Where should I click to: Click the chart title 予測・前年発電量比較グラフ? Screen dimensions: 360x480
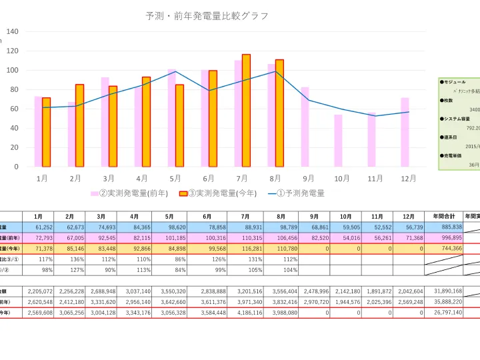(x=207, y=16)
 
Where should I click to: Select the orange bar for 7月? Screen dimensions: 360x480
(x=246, y=111)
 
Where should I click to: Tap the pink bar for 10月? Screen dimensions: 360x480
(x=339, y=141)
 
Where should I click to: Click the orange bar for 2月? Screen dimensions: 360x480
(x=79, y=125)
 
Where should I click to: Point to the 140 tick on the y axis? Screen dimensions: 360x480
(x=13, y=31)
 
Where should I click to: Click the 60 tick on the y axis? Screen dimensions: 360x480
(x=15, y=109)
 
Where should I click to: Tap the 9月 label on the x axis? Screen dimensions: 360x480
(x=308, y=179)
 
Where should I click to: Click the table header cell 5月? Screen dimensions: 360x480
(x=170, y=216)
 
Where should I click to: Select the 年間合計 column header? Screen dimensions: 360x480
(x=443, y=216)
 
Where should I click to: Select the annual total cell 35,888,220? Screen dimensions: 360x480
(x=443, y=301)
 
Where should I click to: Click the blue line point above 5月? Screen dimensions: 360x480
(x=175, y=71)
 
